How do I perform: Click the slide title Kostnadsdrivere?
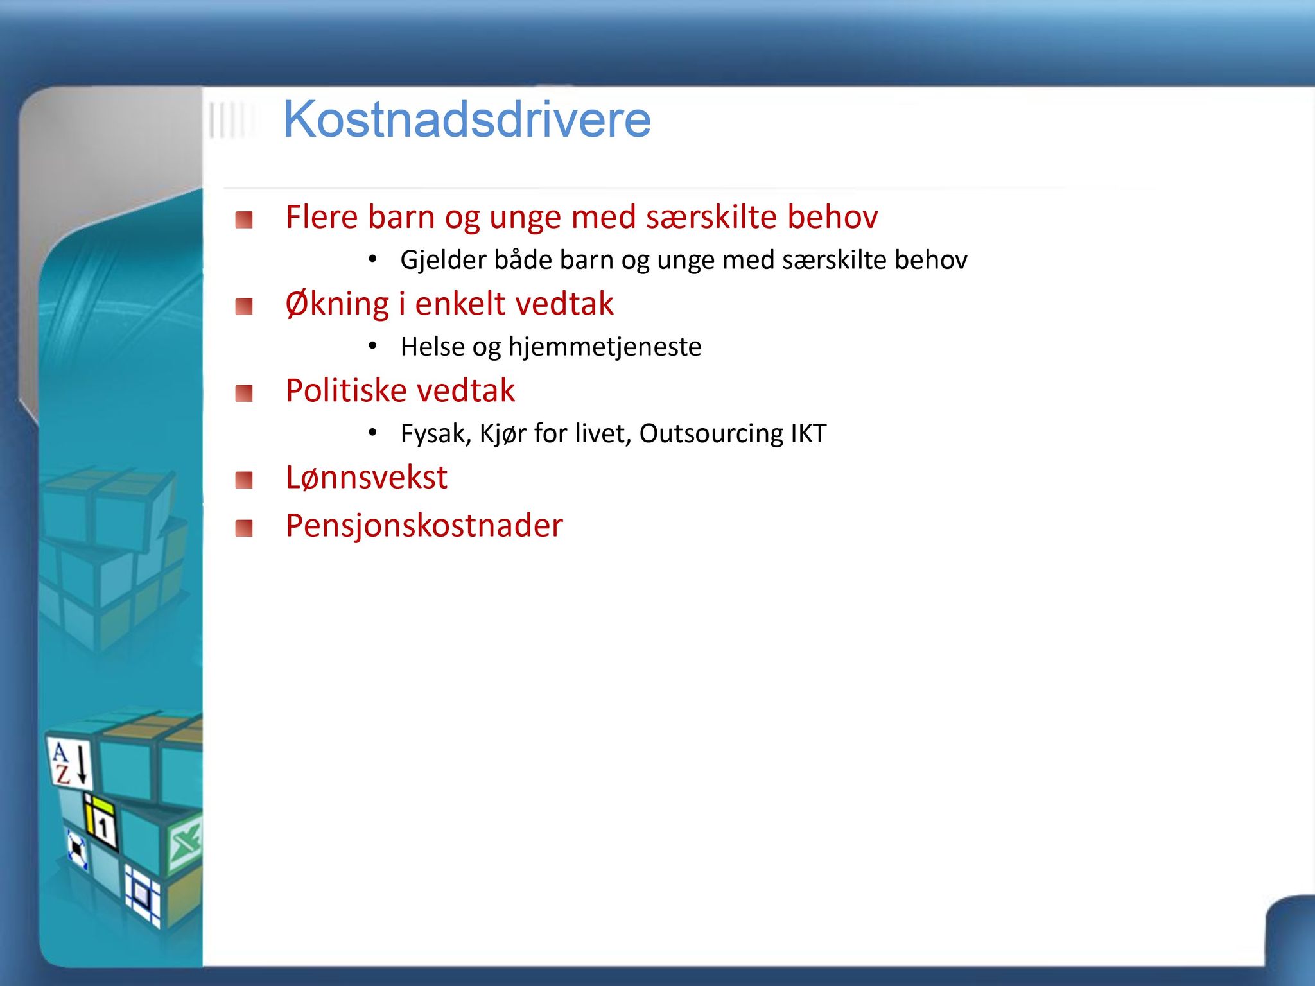(467, 119)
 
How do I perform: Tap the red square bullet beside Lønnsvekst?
(244, 480)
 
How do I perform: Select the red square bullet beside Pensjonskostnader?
(244, 528)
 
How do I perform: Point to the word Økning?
(337, 304)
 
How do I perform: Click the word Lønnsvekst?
(367, 477)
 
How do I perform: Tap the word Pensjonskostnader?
(424, 526)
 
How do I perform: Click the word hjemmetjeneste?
(605, 347)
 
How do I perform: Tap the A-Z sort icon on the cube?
(69, 763)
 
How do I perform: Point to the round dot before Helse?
(372, 347)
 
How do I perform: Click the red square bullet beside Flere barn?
(244, 220)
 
